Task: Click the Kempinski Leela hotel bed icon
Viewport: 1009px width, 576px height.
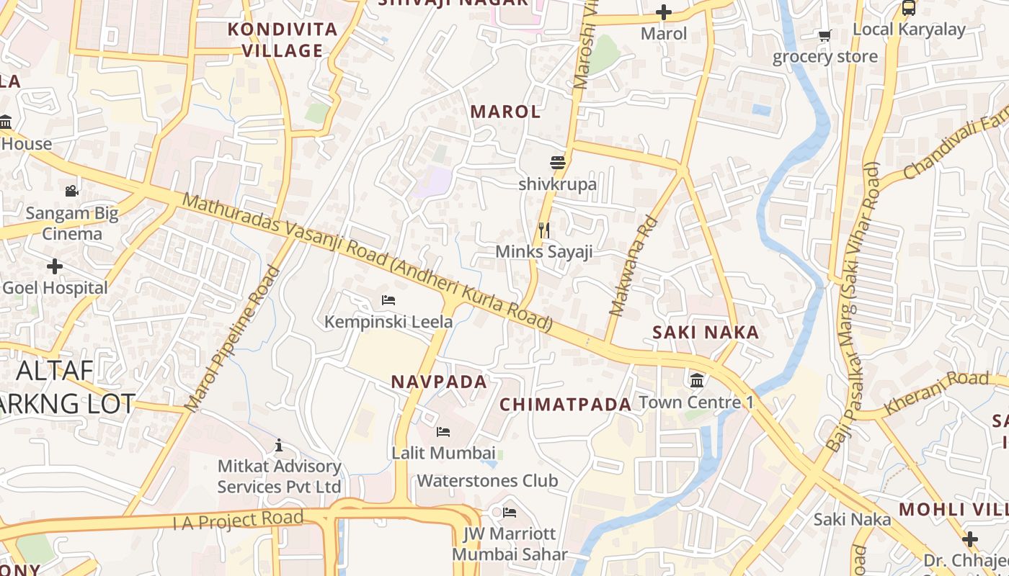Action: click(388, 300)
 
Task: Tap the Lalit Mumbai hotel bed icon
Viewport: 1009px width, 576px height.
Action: click(443, 432)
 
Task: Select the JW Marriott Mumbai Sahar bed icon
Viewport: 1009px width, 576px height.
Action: click(510, 513)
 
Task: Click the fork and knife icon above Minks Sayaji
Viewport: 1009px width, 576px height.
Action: click(544, 230)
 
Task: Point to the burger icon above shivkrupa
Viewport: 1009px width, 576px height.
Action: click(557, 163)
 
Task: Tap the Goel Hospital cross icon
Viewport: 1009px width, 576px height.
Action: click(55, 266)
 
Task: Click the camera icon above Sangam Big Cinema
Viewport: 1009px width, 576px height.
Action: click(71, 192)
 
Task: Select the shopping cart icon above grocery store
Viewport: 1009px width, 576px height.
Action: click(824, 35)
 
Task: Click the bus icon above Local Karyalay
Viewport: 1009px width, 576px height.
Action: click(909, 8)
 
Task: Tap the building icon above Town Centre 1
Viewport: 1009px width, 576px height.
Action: click(697, 380)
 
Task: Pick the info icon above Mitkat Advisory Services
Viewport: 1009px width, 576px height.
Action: click(279, 446)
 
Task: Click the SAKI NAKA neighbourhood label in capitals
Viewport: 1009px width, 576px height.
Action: click(706, 333)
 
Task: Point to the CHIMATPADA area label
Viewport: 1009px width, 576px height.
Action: click(565, 405)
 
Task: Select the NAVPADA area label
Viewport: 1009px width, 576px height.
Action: click(439, 382)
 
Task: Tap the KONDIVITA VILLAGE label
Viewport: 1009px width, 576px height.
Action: click(283, 40)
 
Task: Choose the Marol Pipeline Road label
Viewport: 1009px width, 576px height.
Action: click(232, 339)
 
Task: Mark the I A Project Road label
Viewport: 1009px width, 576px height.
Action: click(238, 520)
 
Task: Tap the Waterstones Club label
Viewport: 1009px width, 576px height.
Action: click(487, 480)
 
